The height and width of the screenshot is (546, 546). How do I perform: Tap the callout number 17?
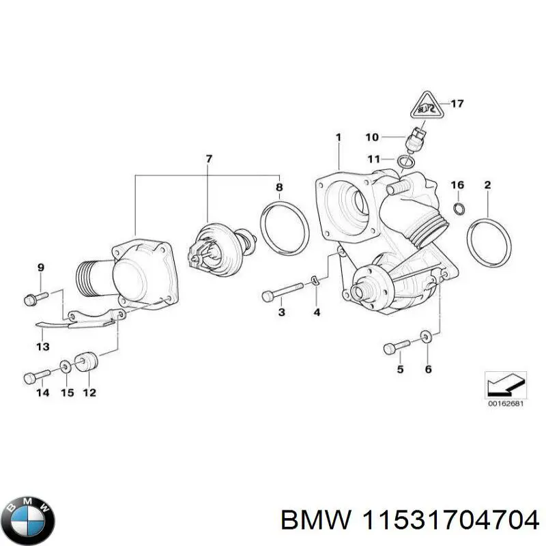point(457,104)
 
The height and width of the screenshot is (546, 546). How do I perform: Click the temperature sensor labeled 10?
point(416,139)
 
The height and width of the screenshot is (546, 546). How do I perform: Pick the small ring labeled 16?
point(460,207)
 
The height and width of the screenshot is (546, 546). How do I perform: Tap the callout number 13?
point(43,347)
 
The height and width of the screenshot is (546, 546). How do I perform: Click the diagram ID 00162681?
point(506,403)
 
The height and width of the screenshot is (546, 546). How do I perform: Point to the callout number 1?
point(337,138)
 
